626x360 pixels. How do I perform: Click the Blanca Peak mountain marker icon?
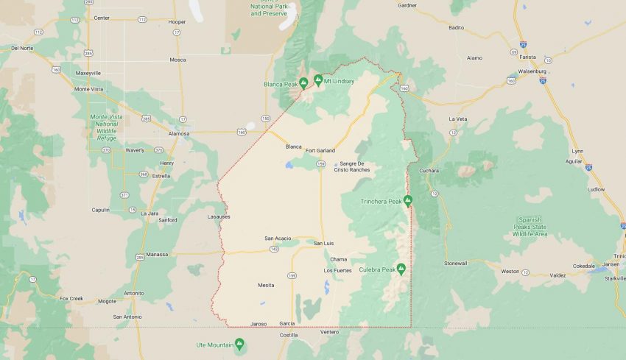(303, 82)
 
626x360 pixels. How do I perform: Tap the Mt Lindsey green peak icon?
(318, 80)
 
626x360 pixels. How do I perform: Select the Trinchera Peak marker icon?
(407, 200)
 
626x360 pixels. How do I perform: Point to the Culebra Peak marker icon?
(401, 269)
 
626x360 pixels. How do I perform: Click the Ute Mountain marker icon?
(239, 344)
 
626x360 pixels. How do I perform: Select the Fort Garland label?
(320, 150)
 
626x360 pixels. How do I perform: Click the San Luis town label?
(324, 243)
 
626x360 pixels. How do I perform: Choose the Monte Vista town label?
(90, 89)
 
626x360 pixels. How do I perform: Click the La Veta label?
(457, 119)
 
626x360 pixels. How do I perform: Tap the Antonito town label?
(134, 293)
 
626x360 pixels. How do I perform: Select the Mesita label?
(266, 285)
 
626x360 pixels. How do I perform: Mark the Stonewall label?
(455, 263)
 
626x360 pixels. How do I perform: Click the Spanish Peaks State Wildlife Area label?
(530, 227)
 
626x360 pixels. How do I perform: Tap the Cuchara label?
(429, 171)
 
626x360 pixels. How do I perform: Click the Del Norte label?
(22, 48)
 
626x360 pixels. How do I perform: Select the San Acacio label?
(278, 239)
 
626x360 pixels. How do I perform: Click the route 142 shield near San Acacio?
(274, 250)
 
